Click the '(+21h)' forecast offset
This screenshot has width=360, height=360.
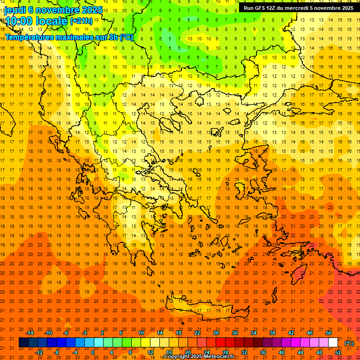(81, 21)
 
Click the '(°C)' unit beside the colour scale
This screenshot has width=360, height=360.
(349, 343)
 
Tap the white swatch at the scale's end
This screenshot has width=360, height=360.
(333, 343)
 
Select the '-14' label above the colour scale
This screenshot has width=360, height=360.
(30, 333)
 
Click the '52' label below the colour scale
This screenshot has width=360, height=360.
(338, 352)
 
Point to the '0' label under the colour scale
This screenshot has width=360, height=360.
(93, 352)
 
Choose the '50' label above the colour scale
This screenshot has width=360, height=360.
(329, 333)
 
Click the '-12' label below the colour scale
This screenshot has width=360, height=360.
(39, 352)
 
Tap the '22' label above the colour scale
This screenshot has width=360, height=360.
(197, 333)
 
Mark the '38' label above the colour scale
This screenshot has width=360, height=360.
(272, 333)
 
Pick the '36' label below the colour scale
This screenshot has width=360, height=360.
(263, 352)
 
